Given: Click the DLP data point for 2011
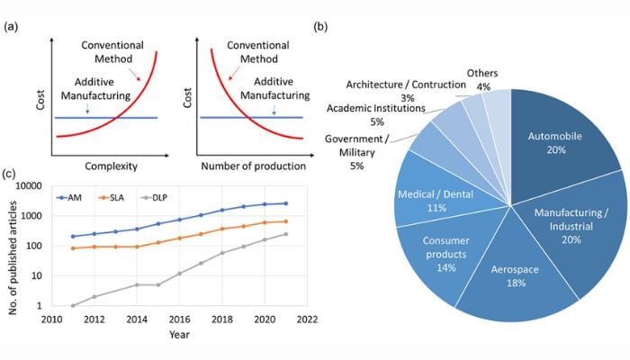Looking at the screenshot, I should tap(73, 305).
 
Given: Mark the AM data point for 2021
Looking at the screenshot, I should tap(285, 203).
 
